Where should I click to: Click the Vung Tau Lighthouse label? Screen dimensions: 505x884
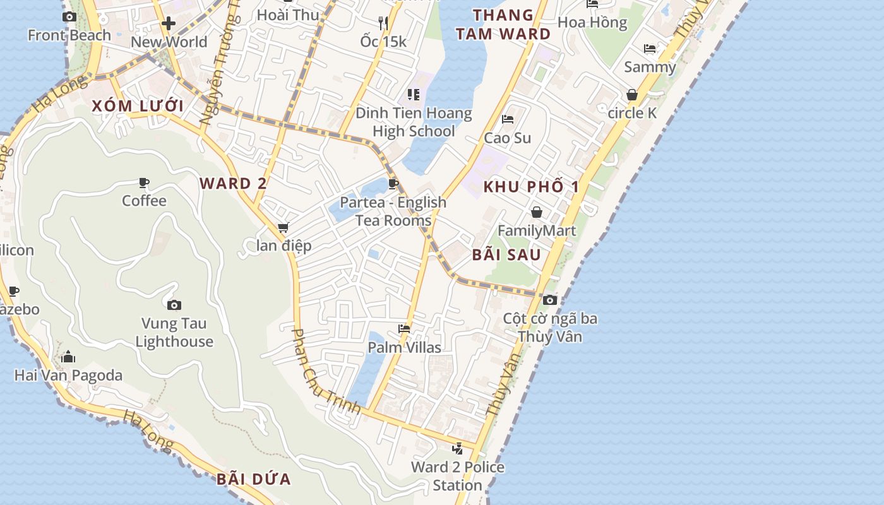(174, 333)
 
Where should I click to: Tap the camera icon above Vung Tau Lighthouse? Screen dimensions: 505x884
(174, 306)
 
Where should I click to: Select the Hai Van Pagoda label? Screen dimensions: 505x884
(68, 376)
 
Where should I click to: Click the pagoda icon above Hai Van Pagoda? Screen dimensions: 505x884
(68, 357)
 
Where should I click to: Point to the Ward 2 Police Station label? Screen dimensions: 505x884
(458, 476)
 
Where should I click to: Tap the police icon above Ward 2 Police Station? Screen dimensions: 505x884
(458, 449)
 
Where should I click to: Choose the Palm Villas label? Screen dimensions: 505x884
(405, 347)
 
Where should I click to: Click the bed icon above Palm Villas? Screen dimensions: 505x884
(405, 329)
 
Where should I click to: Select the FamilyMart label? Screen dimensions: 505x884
(537, 230)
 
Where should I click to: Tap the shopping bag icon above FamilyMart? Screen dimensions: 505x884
(537, 212)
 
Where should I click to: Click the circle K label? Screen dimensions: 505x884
(632, 113)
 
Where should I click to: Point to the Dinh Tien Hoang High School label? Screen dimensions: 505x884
(414, 122)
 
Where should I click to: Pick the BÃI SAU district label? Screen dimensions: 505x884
(507, 255)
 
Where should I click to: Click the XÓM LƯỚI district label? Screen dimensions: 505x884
(138, 106)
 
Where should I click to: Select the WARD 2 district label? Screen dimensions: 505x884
(233, 184)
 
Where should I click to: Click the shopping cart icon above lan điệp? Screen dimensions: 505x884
(284, 227)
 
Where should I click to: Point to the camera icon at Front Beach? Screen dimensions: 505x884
(69, 17)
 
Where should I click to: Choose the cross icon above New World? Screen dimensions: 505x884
(169, 24)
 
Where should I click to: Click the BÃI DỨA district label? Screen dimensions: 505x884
(254, 479)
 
